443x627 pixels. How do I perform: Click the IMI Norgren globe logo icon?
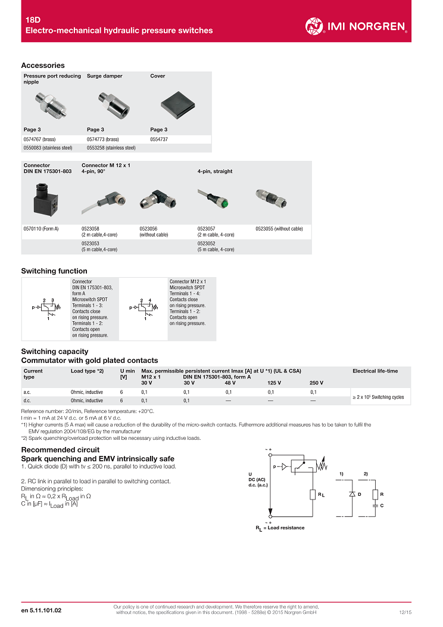click(x=314, y=26)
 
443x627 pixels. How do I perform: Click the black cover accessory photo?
click(x=178, y=105)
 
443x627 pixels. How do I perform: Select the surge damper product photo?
click(x=114, y=105)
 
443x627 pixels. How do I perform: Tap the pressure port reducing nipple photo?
click(x=51, y=105)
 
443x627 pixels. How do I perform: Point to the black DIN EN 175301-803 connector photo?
click(x=45, y=199)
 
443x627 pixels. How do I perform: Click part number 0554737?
click(x=159, y=139)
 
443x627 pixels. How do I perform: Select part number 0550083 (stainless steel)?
click(x=48, y=148)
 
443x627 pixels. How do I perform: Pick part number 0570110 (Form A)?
click(x=41, y=229)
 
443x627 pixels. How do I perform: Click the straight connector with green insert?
click(x=213, y=198)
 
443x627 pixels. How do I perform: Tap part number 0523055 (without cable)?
click(x=279, y=229)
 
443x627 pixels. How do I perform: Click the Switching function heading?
click(x=54, y=271)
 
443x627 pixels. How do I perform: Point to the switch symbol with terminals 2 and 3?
click(x=46, y=309)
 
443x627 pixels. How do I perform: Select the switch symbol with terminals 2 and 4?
click(x=143, y=309)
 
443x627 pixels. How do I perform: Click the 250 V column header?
click(x=316, y=383)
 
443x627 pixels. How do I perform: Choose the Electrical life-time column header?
click(x=375, y=371)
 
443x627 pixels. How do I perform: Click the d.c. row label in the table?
click(x=27, y=401)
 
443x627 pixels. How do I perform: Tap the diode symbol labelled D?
click(x=352, y=494)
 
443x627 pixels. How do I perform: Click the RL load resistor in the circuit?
click(x=313, y=495)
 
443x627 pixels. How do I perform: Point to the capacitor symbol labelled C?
click(x=376, y=505)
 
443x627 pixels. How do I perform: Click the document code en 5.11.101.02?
click(x=42, y=610)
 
